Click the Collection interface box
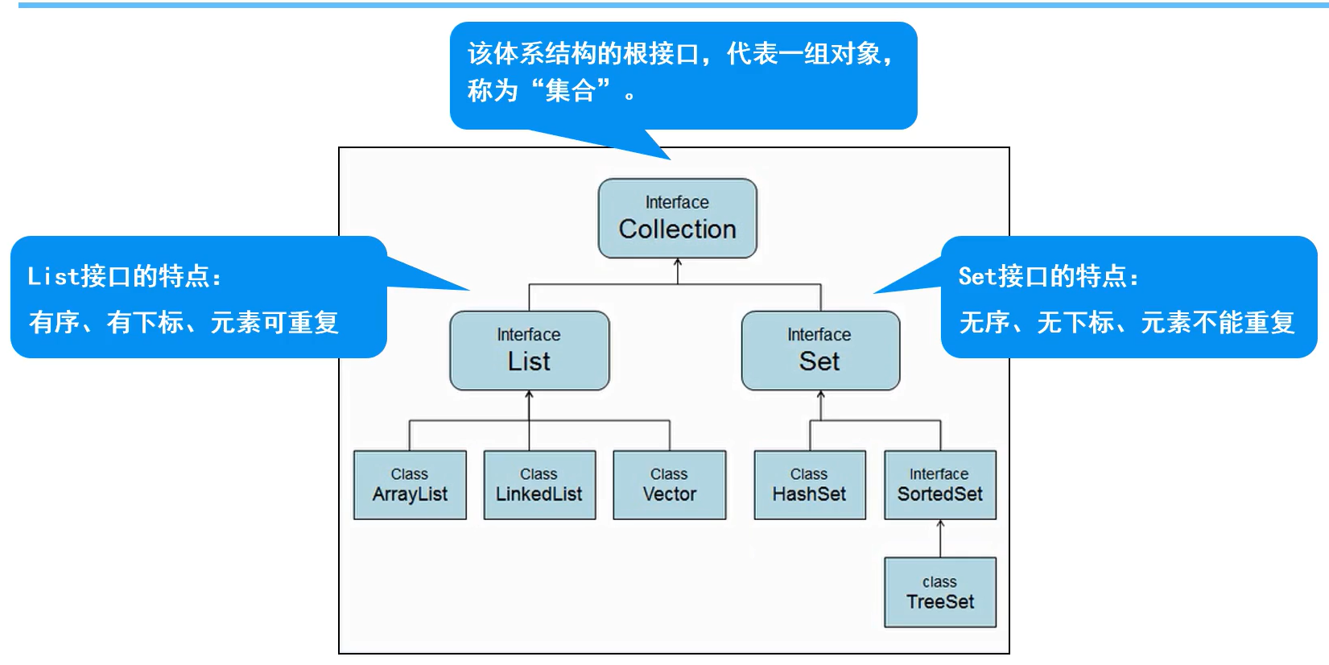(677, 218)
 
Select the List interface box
(529, 351)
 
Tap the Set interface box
(819, 351)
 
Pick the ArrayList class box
(410, 485)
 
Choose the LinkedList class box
(539, 485)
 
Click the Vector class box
(669, 485)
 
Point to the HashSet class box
(809, 485)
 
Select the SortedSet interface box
(939, 485)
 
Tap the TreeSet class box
(939, 592)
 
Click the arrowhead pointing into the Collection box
(678, 262)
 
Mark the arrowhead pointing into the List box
(529, 394)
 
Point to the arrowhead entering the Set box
(820, 394)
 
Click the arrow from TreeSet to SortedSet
(940, 538)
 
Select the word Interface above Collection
(677, 202)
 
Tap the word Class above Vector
(669, 474)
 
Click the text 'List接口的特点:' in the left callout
(125, 276)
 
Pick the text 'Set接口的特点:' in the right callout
(1049, 276)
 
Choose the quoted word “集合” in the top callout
(571, 90)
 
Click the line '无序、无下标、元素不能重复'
(1126, 323)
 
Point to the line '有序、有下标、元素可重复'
(184, 323)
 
